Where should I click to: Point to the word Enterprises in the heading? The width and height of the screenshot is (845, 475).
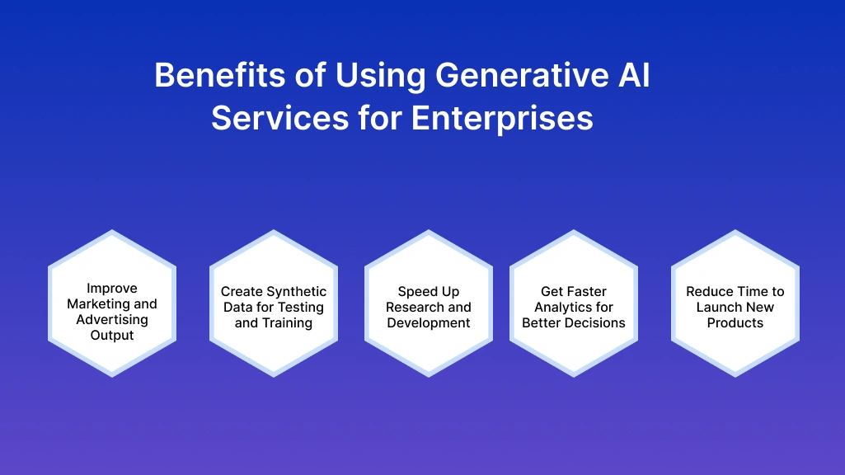[502, 118]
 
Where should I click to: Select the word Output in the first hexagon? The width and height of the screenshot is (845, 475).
[112, 336]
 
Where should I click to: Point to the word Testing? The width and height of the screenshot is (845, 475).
[299, 308]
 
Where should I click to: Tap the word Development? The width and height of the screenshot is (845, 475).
[429, 323]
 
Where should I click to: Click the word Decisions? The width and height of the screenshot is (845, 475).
[595, 323]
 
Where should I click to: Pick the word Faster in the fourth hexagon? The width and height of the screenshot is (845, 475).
[585, 292]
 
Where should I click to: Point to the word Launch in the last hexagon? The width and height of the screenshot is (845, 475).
[720, 308]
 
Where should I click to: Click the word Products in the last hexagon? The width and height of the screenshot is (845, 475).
[735, 323]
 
